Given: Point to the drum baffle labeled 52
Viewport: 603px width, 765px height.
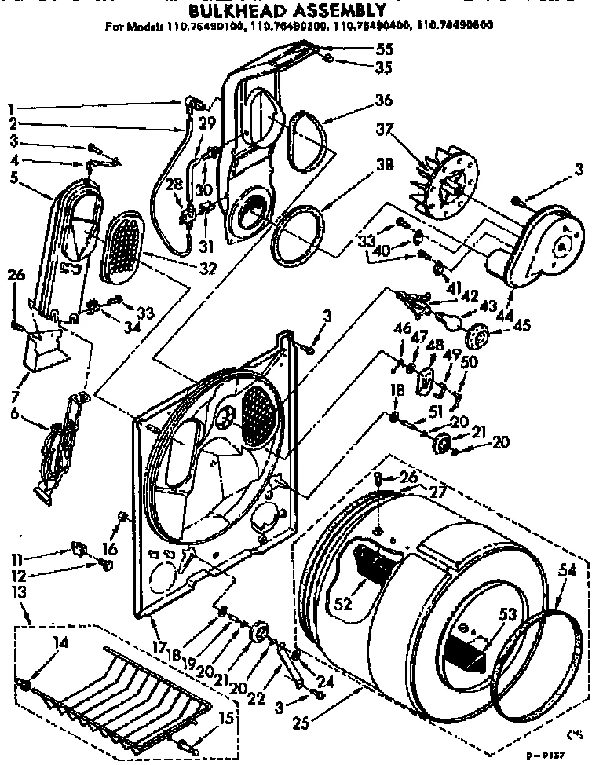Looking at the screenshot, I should point(373,562).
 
